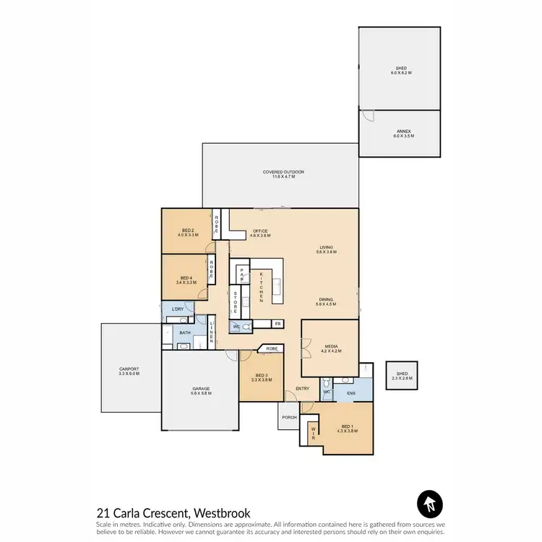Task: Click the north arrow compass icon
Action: pos(429,504)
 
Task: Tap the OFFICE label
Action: pos(259,233)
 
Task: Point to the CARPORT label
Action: pos(129,371)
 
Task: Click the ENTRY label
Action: pos(302,389)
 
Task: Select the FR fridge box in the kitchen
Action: pos(277,324)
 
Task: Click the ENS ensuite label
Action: pos(350,393)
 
